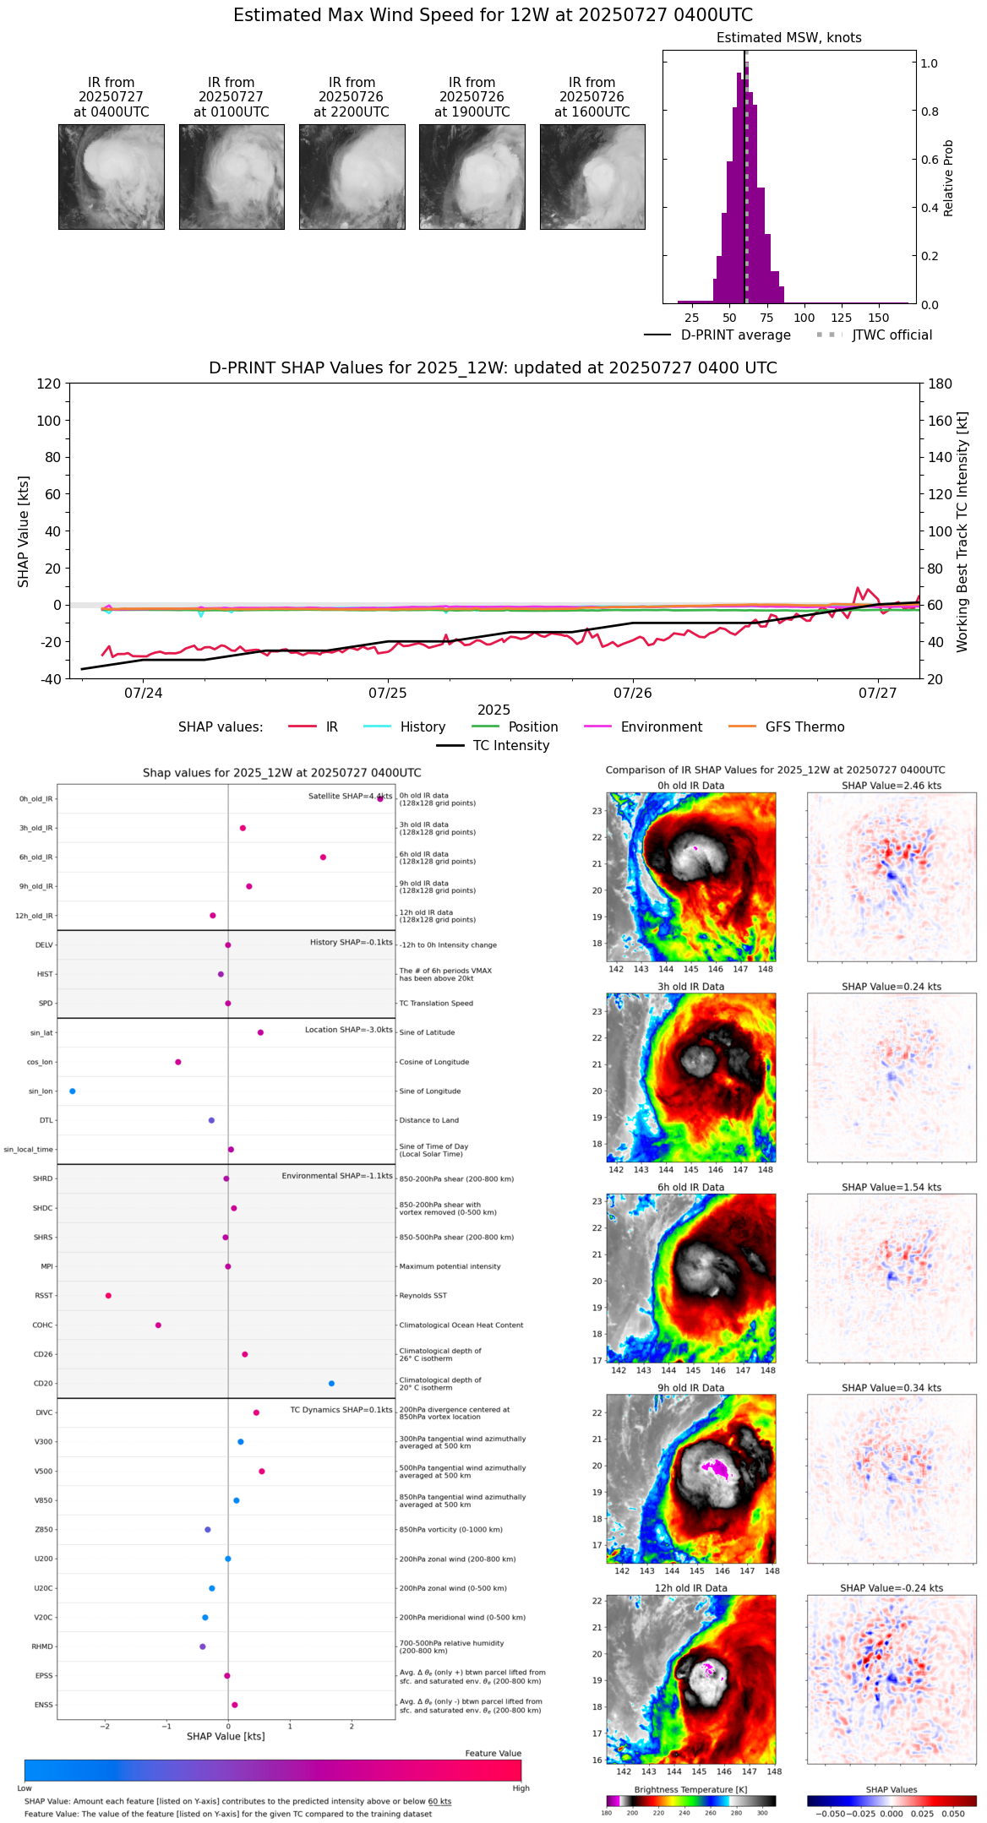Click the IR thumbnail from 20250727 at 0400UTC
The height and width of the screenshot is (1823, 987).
[x=111, y=177]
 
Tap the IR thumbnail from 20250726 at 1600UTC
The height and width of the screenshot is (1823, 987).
[x=592, y=177]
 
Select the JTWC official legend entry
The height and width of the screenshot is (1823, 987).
[x=892, y=335]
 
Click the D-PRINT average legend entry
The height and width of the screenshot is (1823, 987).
[x=735, y=335]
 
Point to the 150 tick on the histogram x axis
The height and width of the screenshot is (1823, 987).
[x=879, y=318]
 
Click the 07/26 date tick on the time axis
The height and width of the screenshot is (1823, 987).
[x=633, y=694]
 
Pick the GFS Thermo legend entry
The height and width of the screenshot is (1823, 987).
[x=804, y=727]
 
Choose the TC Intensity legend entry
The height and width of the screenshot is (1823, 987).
[x=510, y=746]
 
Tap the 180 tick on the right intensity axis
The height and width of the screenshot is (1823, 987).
[x=941, y=384]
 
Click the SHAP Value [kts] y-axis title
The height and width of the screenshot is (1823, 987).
[x=24, y=531]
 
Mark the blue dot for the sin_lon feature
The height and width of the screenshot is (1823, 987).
[x=73, y=1091]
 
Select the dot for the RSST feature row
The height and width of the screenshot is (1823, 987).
[x=108, y=1296]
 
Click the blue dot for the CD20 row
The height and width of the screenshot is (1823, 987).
[x=331, y=1384]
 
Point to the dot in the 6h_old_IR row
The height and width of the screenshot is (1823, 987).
[x=323, y=857]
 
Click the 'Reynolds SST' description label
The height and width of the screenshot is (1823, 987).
[x=423, y=1296]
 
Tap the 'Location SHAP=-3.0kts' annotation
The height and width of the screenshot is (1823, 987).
[x=348, y=1031]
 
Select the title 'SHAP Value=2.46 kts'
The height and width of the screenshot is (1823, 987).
[x=891, y=786]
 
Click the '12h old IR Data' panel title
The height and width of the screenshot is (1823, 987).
[x=690, y=1589]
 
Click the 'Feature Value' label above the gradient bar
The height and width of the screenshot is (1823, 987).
[x=493, y=1754]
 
